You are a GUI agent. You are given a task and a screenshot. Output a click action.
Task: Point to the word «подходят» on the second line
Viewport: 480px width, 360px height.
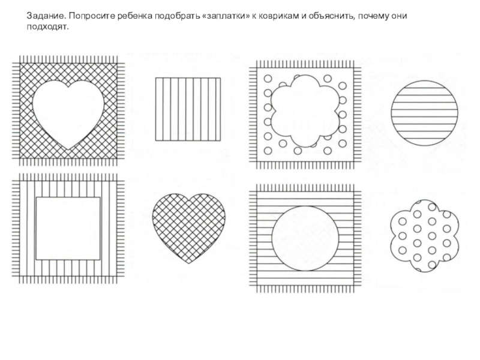click(x=44, y=26)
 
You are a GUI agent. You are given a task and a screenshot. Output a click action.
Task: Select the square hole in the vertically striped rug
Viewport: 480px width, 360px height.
click(x=67, y=228)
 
